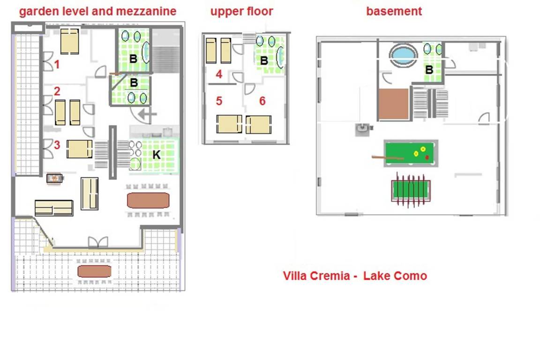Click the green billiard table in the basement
click(x=411, y=153)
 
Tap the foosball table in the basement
click(x=411, y=190)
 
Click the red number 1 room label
click(x=57, y=64)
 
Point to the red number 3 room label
click(x=57, y=145)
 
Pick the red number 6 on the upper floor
click(x=262, y=101)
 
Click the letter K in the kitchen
click(x=157, y=155)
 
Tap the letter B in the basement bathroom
click(x=429, y=70)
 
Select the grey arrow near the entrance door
click(x=147, y=114)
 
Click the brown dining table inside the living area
click(x=148, y=201)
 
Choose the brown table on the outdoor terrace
click(x=94, y=271)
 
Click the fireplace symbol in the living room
click(x=54, y=179)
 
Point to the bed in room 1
click(x=69, y=41)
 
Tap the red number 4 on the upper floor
click(x=219, y=74)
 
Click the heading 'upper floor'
click(x=242, y=11)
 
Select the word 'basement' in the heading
click(x=394, y=11)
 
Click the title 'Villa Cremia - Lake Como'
click(x=355, y=276)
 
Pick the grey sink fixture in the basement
click(x=363, y=129)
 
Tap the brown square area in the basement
click(x=394, y=104)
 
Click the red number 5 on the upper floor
click(x=219, y=101)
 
